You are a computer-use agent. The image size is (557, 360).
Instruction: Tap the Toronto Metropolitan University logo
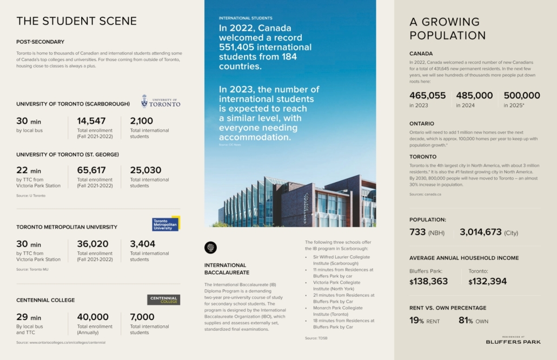[x=165, y=224]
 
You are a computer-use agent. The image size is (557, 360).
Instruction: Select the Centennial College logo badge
[x=163, y=299]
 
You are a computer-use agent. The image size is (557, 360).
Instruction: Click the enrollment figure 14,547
[x=91, y=121]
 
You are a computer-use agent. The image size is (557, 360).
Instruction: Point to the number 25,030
[x=145, y=170]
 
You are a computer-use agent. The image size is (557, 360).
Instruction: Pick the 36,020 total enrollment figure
[x=92, y=244]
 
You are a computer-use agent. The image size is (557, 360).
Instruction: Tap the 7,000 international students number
[x=142, y=317]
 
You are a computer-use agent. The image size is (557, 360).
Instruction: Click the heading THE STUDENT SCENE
[x=76, y=21]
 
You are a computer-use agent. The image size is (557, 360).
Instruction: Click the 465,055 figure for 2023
[x=428, y=96]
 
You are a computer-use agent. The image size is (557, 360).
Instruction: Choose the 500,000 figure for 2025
[x=522, y=96]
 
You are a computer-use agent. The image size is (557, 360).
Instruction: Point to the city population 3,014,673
[x=481, y=232]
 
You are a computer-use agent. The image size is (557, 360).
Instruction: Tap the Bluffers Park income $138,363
[x=429, y=281]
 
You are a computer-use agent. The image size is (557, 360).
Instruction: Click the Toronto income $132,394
[x=488, y=281]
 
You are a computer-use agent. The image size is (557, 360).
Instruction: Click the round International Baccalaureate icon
[x=210, y=248]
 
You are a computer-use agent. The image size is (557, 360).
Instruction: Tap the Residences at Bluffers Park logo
[x=505, y=339]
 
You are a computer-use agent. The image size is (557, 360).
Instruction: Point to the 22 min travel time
[x=29, y=171]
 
